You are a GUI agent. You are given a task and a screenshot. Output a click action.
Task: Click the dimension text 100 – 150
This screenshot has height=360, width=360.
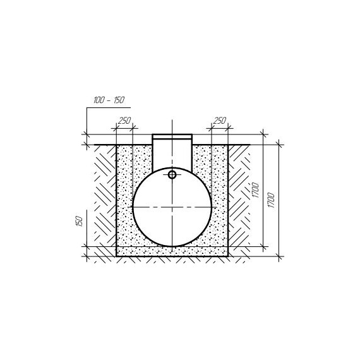pyautogui.click(x=109, y=100)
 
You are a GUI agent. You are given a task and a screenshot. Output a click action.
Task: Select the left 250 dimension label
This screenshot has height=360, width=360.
pyautogui.click(x=124, y=121)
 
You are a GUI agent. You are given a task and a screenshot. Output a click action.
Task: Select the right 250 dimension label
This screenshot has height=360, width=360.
pyautogui.click(x=220, y=121)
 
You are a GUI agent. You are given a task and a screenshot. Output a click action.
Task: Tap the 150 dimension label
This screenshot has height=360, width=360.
pyautogui.click(x=79, y=221)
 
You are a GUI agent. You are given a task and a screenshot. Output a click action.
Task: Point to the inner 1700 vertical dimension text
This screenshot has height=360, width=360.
pyautogui.click(x=255, y=190)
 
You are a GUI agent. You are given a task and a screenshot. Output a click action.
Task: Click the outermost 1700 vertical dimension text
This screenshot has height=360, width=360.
pyautogui.click(x=271, y=200)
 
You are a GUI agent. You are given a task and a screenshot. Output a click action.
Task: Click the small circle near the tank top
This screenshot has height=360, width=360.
pyautogui.click(x=172, y=175)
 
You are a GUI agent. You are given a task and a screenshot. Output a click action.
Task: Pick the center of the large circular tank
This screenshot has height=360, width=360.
pyautogui.click(x=172, y=207)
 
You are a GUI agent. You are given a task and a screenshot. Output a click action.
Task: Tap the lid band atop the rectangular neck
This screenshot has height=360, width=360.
pyautogui.click(x=172, y=136)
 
